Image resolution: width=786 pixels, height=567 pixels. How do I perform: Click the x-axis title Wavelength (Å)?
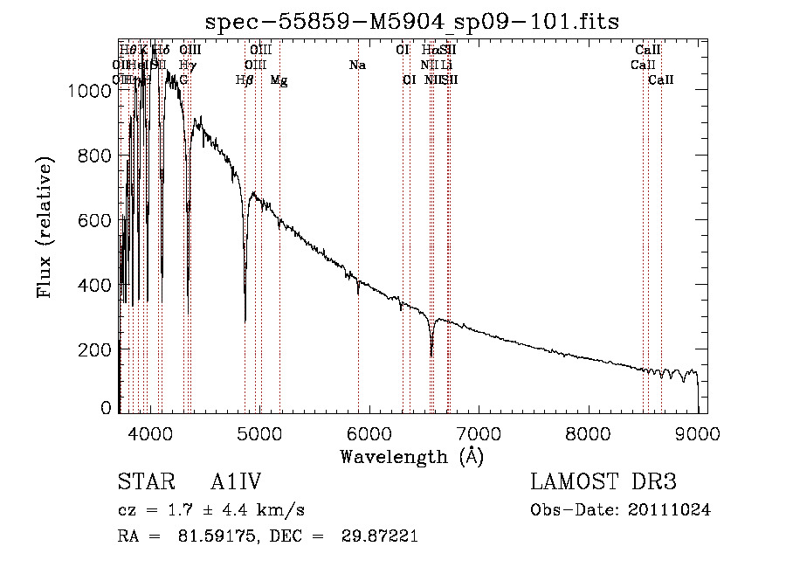(411, 456)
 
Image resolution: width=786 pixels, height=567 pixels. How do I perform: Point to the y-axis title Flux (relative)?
(44, 227)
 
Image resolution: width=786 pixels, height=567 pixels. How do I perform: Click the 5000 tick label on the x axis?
(259, 432)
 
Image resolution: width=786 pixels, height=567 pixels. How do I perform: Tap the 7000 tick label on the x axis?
(478, 432)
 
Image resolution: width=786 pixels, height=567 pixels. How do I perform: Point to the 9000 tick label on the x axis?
(698, 432)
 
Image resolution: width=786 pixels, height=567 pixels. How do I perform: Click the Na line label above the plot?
(357, 66)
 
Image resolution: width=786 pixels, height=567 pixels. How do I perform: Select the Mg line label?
(279, 80)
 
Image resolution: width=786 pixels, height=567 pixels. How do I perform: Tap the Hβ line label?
(245, 80)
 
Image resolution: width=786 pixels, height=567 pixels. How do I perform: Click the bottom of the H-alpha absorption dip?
(431, 356)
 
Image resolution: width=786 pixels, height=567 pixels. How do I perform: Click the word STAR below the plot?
(141, 483)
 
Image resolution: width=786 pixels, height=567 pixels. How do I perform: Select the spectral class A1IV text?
(236, 483)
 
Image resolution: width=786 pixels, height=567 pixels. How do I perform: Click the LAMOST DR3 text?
(603, 483)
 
